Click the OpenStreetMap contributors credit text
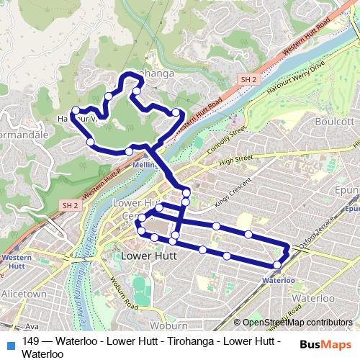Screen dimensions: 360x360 [x=297, y=323]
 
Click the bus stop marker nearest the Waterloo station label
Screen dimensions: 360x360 [x=278, y=264]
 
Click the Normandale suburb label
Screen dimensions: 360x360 [x=23, y=135]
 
